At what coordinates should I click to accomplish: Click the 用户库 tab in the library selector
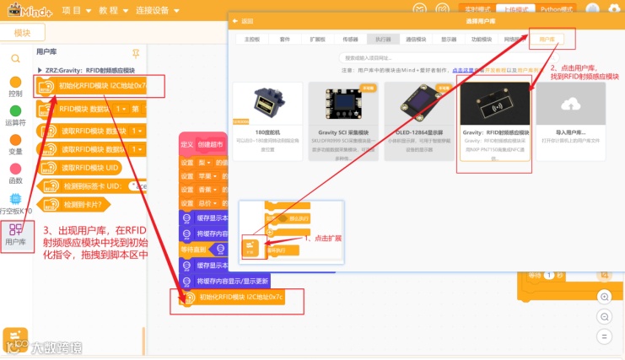[548, 39]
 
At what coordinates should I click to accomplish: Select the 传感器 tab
[349, 39]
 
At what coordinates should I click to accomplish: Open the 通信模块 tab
[416, 39]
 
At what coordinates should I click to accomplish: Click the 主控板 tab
[252, 39]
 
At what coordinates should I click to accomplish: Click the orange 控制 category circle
[15, 83]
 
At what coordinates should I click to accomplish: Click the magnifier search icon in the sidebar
[15, 58]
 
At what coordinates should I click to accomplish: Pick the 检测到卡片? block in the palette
[82, 204]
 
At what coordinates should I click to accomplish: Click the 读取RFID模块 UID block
[84, 169]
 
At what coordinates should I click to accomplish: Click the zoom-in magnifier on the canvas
[604, 296]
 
